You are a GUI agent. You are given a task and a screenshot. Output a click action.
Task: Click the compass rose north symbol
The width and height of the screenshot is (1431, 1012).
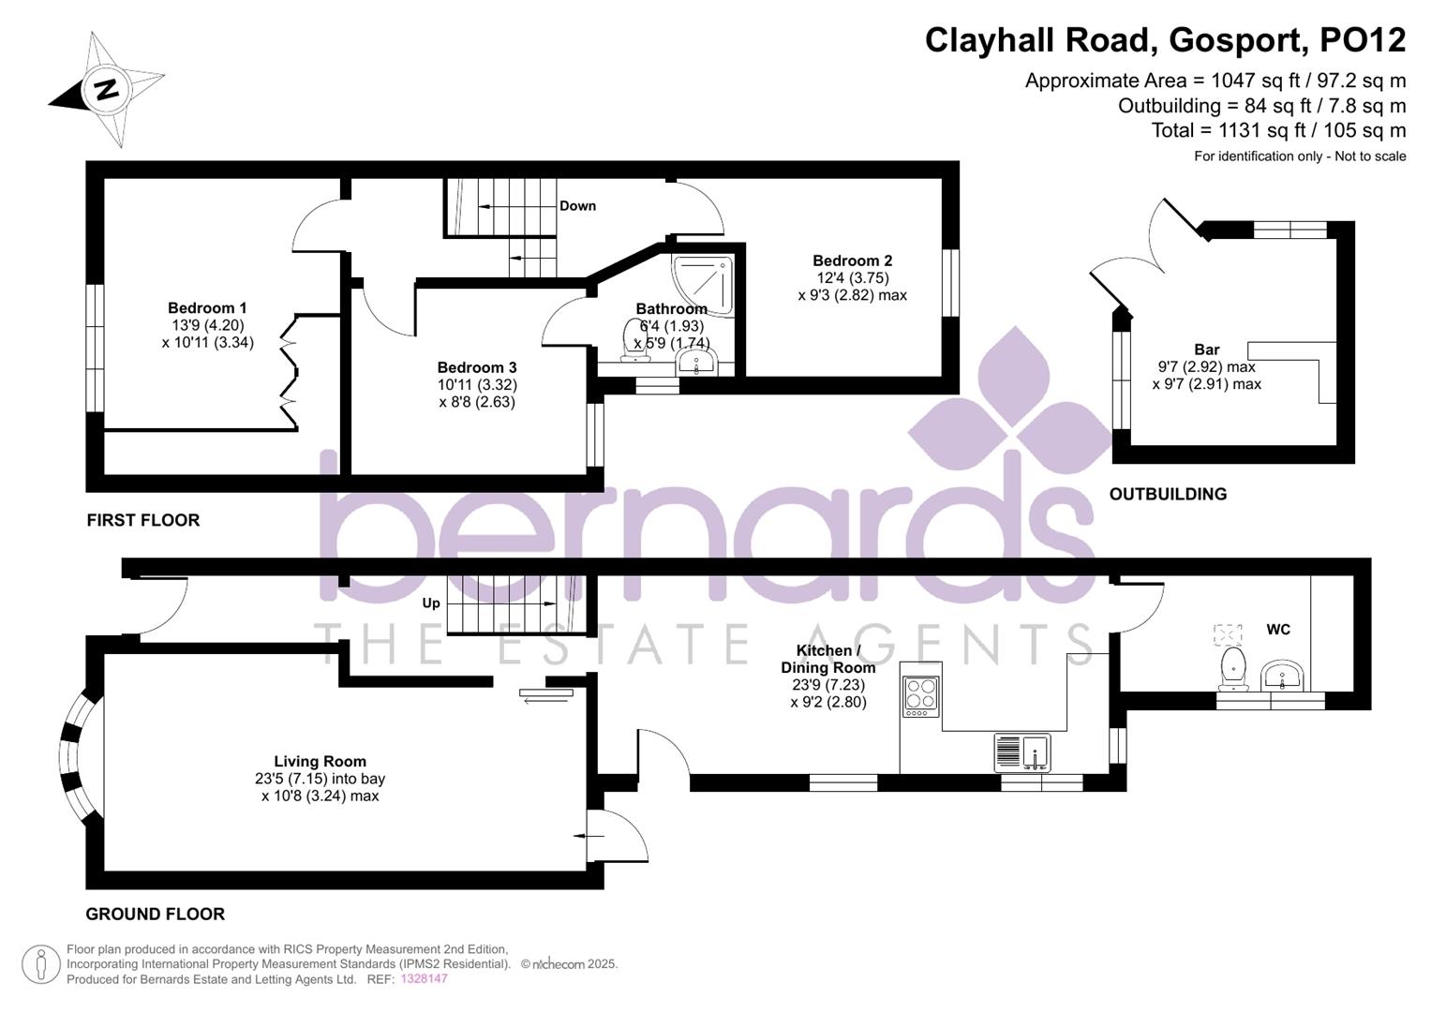click(106, 90)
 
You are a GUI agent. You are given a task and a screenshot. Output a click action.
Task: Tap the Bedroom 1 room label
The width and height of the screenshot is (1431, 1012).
click(207, 308)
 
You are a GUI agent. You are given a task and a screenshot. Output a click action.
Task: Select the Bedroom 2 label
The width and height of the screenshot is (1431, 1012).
click(852, 261)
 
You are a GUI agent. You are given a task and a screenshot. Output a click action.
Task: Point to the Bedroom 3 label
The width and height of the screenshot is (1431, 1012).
click(477, 368)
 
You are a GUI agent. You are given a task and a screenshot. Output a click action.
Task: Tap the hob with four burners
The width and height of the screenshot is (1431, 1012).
click(920, 696)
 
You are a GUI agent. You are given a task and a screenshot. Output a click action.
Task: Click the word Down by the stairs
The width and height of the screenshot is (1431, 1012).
click(577, 206)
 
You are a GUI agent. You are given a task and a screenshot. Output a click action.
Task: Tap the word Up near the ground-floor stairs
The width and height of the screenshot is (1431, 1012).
click(431, 603)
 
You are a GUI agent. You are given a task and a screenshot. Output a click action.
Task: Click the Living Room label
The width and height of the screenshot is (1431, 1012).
click(320, 762)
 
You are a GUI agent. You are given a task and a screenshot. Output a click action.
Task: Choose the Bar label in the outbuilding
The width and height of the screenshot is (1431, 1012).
click(1207, 350)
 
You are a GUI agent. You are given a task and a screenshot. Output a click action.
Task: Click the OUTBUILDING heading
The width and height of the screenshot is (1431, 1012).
click(1168, 494)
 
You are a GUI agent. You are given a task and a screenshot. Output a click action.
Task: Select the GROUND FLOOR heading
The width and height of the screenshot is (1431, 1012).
click(156, 914)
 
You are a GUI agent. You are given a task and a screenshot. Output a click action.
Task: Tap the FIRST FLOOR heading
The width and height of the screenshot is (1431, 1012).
click(143, 520)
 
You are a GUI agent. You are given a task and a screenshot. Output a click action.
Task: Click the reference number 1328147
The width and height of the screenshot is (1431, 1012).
click(425, 979)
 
